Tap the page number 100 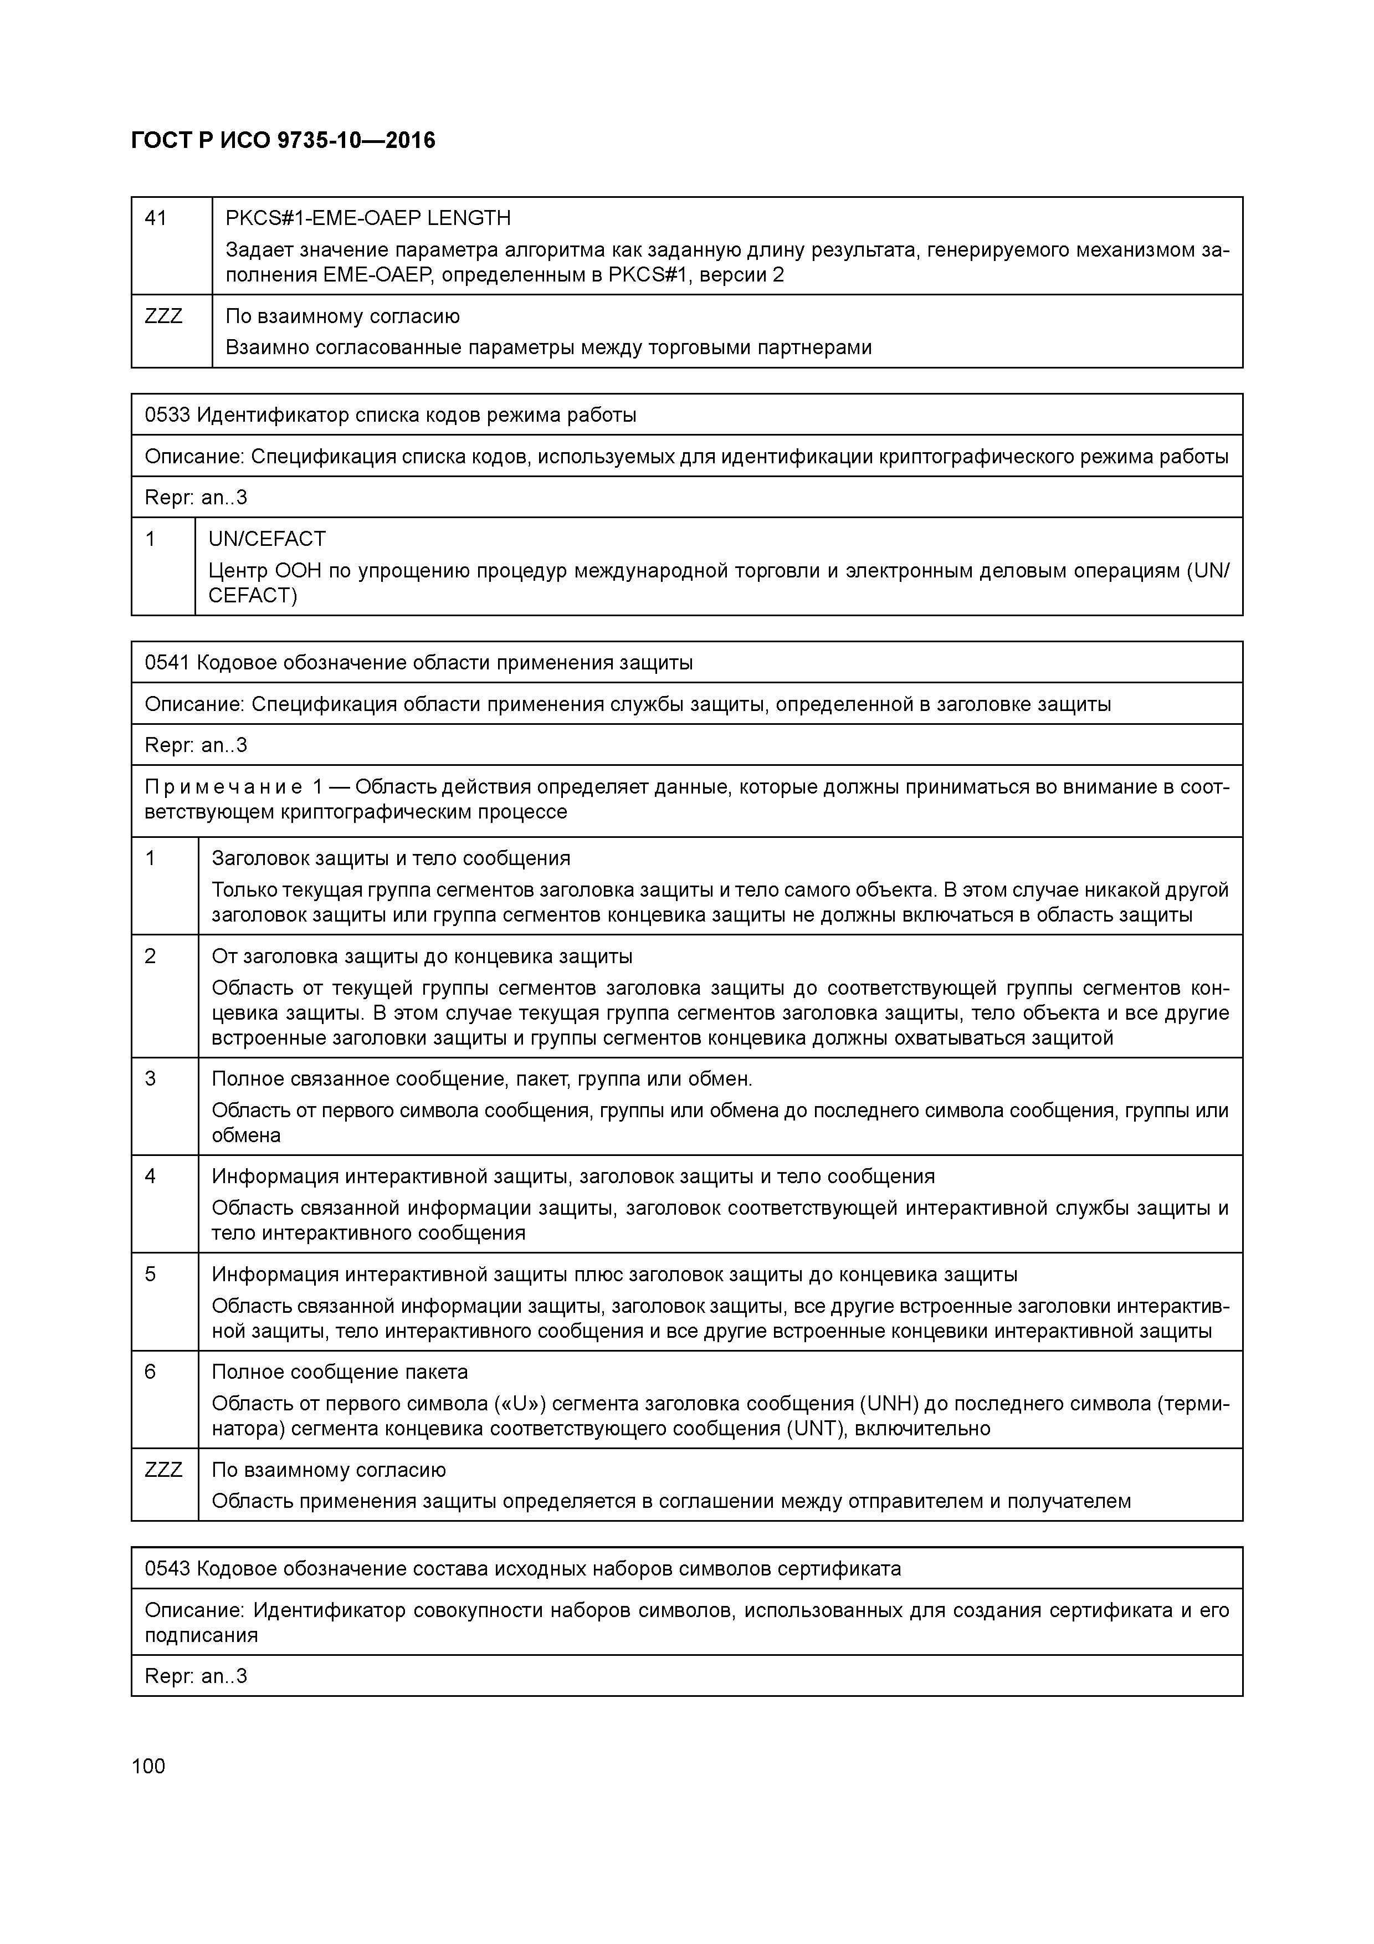pos(149,1766)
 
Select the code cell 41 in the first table pos(156,218)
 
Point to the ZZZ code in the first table pos(163,316)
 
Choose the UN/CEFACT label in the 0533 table pos(266,539)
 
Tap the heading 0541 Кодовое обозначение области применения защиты pos(418,663)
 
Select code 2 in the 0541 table pos(151,956)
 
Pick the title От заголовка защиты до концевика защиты pos(422,956)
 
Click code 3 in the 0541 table pos(151,1079)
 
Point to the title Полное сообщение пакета pos(340,1372)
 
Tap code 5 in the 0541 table pos(151,1274)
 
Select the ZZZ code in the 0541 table pos(163,1470)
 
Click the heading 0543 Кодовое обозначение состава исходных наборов pos(522,1569)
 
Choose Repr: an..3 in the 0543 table pos(196,1676)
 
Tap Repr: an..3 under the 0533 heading pos(196,497)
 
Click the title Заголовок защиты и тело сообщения pos(390,858)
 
